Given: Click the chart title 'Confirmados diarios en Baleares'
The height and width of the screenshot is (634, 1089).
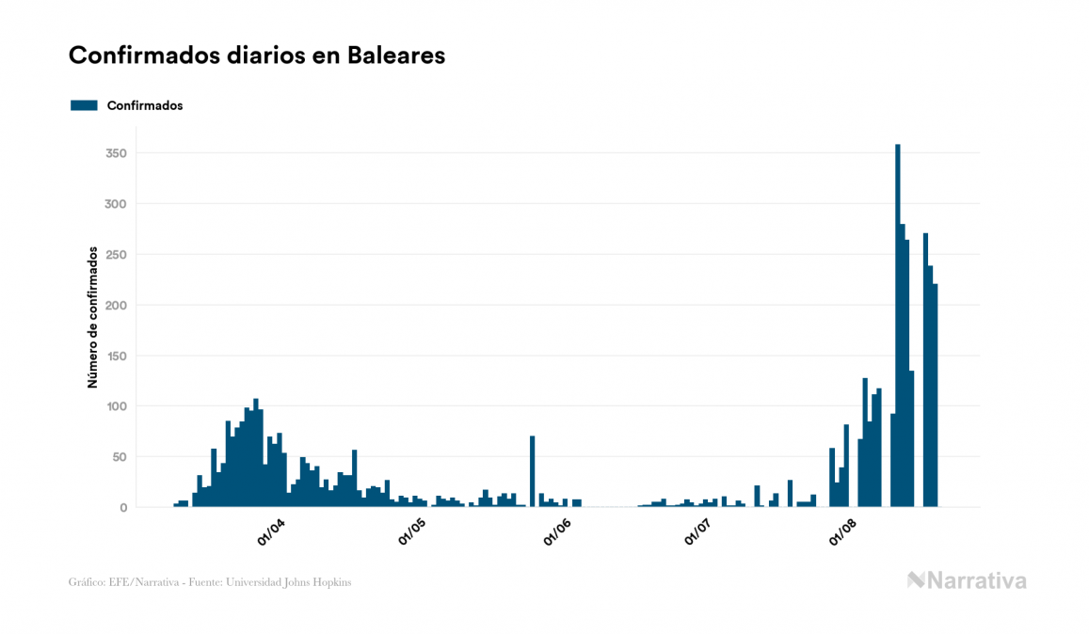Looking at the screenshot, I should point(257,55).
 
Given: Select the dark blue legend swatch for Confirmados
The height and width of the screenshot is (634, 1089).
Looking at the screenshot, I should point(84,105).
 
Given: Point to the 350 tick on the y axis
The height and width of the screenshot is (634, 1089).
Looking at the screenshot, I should point(117,153).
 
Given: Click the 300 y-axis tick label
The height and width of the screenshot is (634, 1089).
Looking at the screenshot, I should point(117,204).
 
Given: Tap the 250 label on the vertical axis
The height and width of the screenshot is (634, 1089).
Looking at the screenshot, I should point(117,255).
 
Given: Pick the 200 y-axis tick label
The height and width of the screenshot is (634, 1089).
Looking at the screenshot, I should point(117,306).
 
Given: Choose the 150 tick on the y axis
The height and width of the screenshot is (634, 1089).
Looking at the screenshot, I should point(117,357).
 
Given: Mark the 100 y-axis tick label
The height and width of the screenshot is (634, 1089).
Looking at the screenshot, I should point(117,406).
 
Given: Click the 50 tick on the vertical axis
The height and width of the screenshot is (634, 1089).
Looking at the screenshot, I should point(120,457).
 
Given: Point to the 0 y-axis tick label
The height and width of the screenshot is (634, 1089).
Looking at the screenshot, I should point(122,508).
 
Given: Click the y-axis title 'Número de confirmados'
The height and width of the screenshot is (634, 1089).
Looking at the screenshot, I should point(92,318).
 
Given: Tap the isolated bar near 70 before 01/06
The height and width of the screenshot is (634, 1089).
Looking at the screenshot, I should point(533,471).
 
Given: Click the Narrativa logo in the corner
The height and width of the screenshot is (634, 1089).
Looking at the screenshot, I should point(967,580).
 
